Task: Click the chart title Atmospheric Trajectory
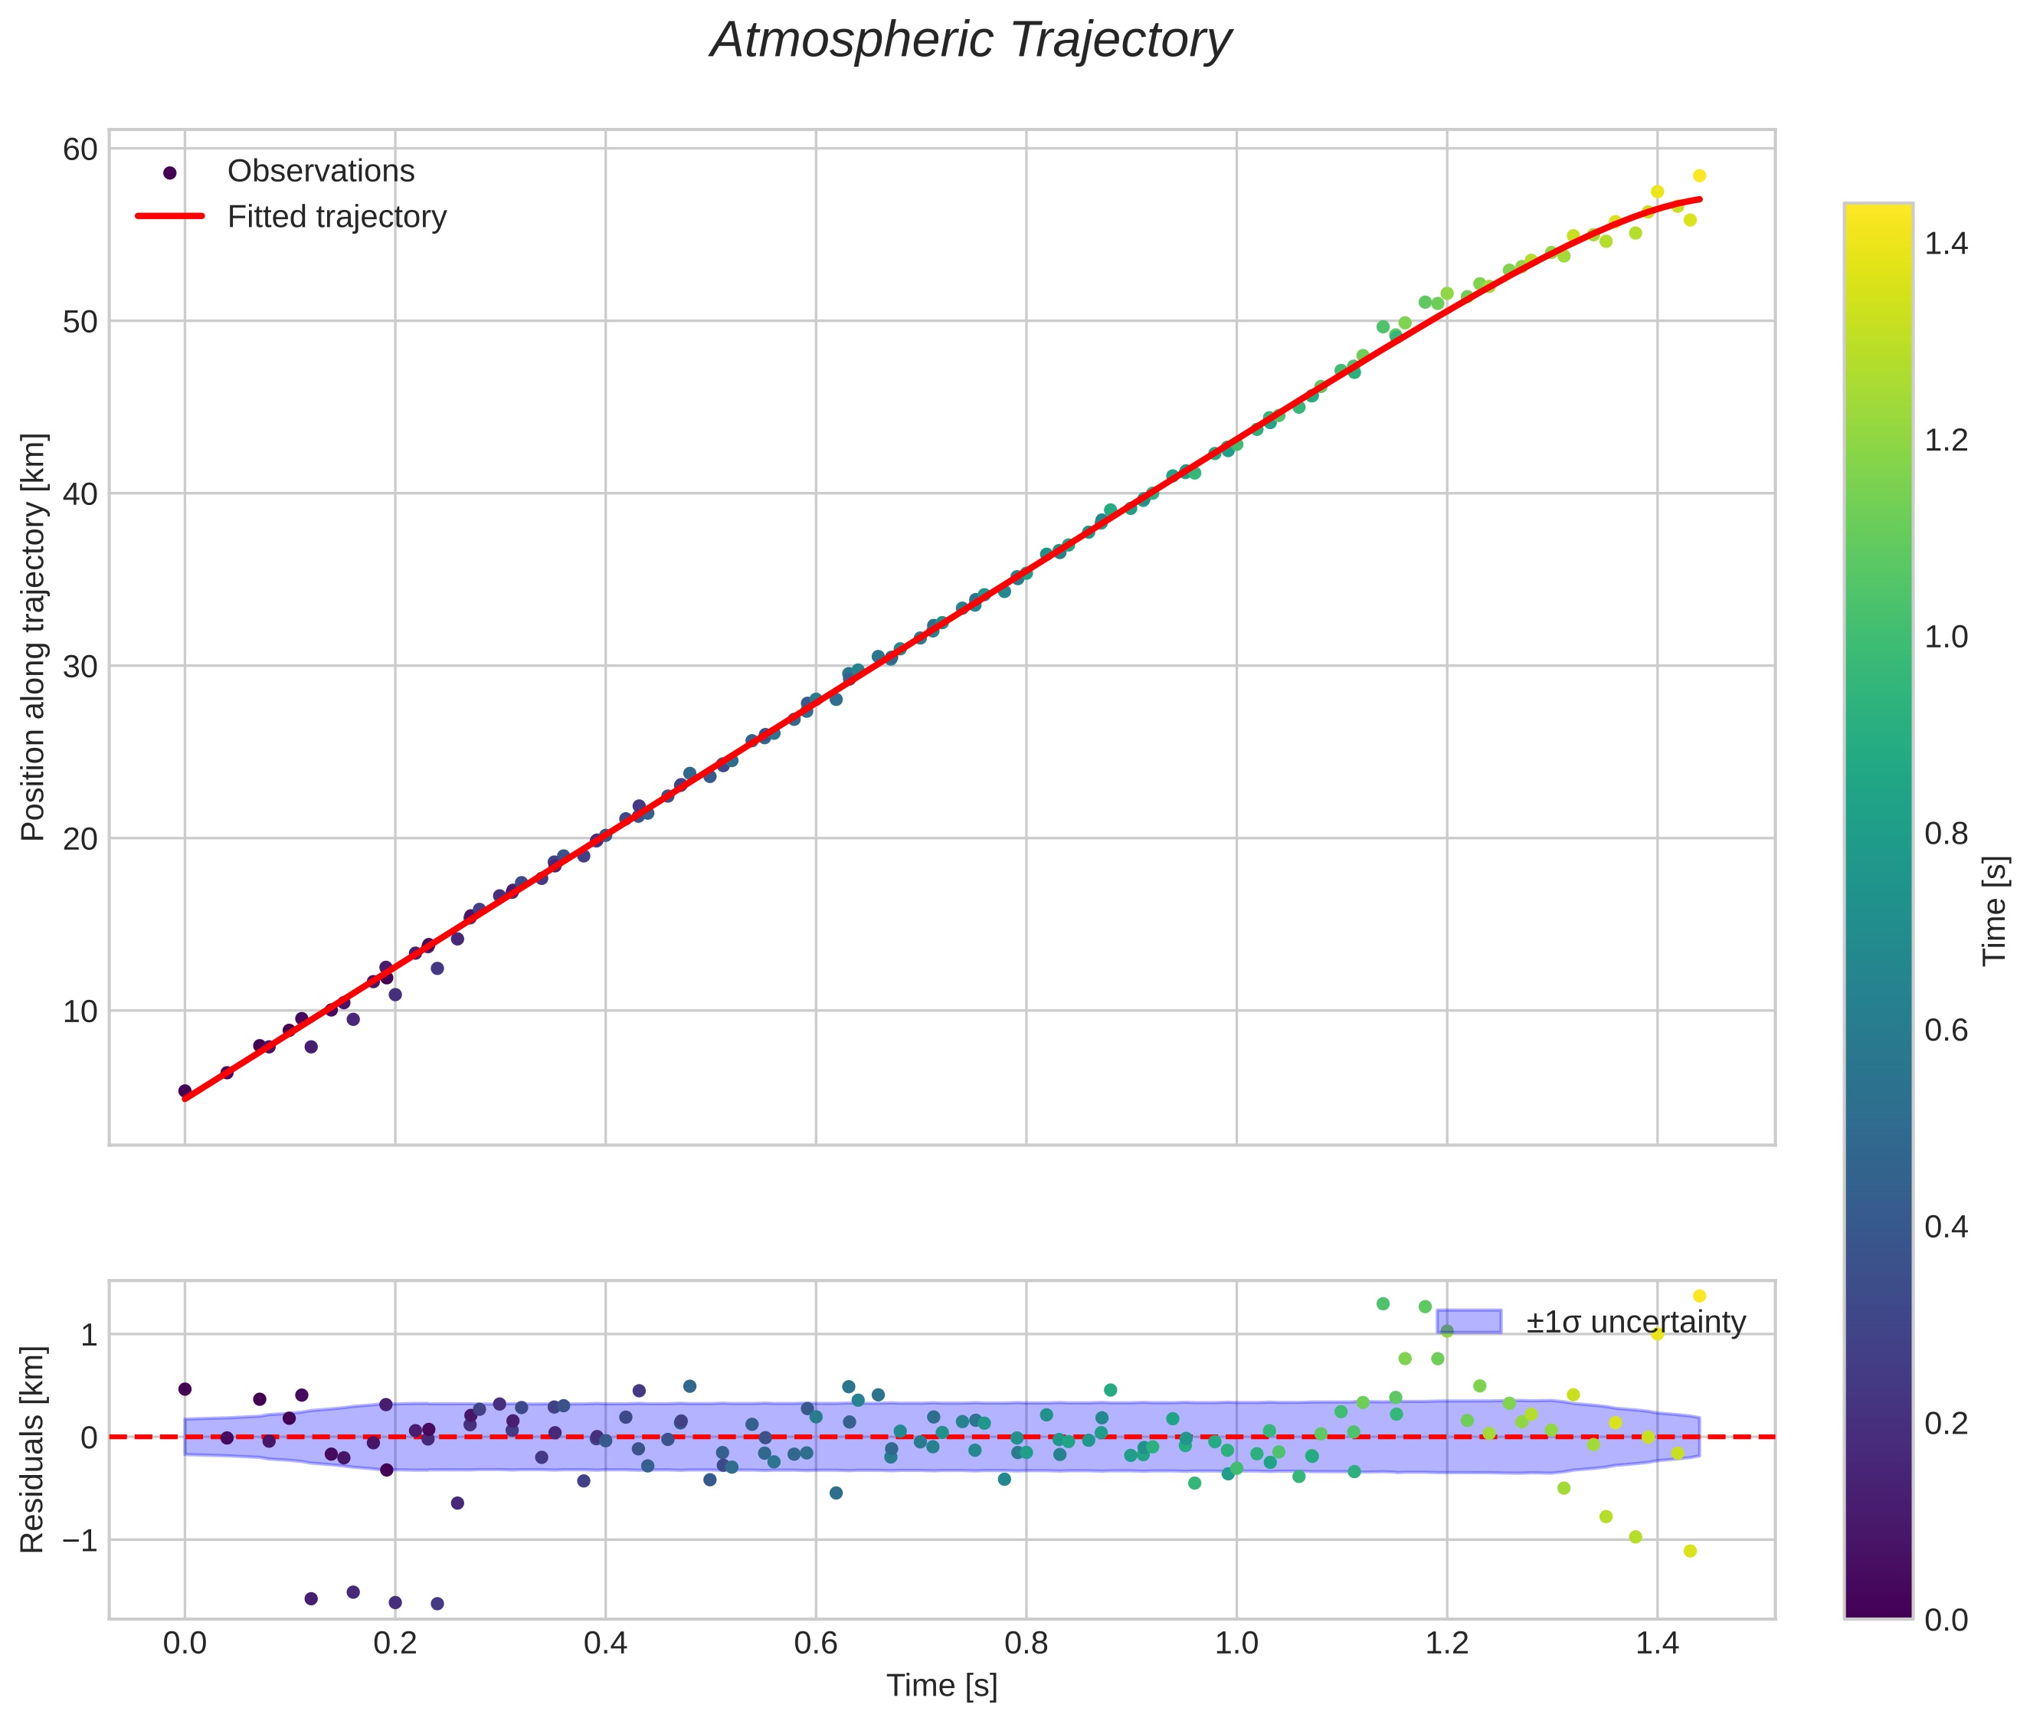971,41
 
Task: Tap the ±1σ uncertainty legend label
1635,1323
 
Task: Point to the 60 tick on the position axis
80,149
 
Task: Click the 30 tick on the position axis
80,667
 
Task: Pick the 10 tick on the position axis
80,1011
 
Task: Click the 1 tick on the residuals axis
89,1335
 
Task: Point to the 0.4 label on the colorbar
1945,1226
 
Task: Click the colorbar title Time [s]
1996,910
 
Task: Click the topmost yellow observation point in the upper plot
1699,176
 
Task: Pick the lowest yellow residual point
1691,1551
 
